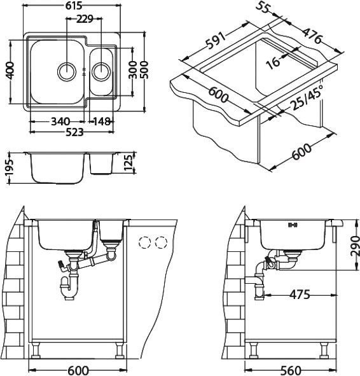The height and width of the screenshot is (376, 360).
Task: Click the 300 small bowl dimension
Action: (x=132, y=71)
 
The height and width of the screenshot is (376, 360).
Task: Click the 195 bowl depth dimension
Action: (x=8, y=169)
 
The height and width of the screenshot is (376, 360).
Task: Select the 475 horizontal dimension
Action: (x=299, y=295)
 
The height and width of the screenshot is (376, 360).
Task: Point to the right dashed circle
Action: (x=162, y=242)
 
